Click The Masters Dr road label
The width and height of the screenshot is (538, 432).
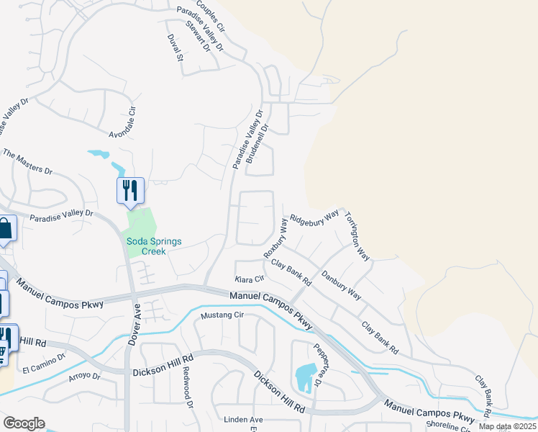point(29,162)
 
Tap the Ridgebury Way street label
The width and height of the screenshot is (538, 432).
point(314,217)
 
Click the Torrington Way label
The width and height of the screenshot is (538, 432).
point(357,235)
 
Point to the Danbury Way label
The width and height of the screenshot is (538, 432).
point(341,284)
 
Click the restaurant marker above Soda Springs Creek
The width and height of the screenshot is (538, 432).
point(130,191)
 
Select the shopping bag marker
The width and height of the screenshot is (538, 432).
point(5,230)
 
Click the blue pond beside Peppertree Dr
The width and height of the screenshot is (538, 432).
point(305,376)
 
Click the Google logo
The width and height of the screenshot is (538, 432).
point(24,423)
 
